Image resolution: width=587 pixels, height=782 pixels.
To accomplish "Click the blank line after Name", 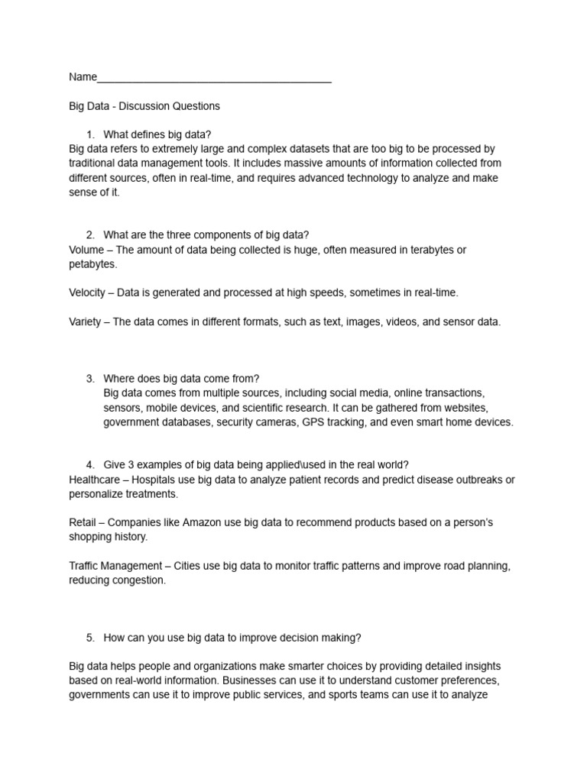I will [214, 78].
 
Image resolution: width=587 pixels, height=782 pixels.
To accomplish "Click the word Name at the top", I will [83, 77].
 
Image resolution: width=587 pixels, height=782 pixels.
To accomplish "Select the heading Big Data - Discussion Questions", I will [144, 106].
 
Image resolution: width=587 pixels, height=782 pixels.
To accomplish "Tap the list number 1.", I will [90, 135].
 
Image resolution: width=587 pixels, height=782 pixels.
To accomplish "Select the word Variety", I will [85, 322].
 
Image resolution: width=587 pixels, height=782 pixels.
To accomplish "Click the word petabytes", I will [92, 264].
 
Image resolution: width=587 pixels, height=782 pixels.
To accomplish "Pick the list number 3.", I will [90, 378].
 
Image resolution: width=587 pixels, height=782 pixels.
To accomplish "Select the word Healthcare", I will [96, 479].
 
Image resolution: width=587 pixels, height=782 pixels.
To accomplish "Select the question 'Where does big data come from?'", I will [181, 378].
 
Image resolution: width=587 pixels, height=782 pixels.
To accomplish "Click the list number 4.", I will [90, 464].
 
